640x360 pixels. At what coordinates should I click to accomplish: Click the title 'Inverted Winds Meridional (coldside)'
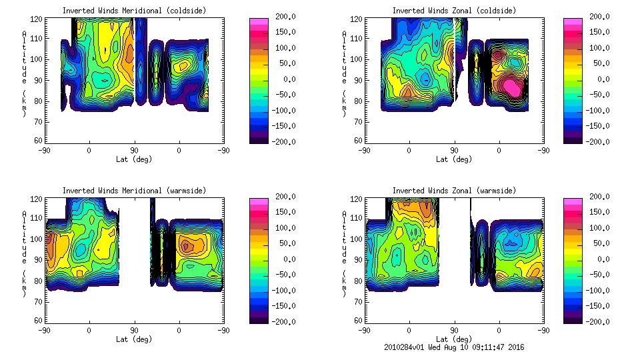pyautogui.click(x=135, y=11)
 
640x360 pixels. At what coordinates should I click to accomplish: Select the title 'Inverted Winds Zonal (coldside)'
pyautogui.click(x=454, y=11)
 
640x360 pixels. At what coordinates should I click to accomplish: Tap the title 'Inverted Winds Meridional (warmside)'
pyautogui.click(x=135, y=191)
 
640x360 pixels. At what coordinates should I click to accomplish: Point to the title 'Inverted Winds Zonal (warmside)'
pyautogui.click(x=454, y=191)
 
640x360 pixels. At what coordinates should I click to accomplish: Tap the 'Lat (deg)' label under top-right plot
pyautogui.click(x=454, y=159)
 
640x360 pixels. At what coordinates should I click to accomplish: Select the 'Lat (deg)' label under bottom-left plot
pyautogui.click(x=135, y=339)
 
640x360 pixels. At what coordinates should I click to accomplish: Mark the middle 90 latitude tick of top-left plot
pyautogui.click(x=134, y=151)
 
